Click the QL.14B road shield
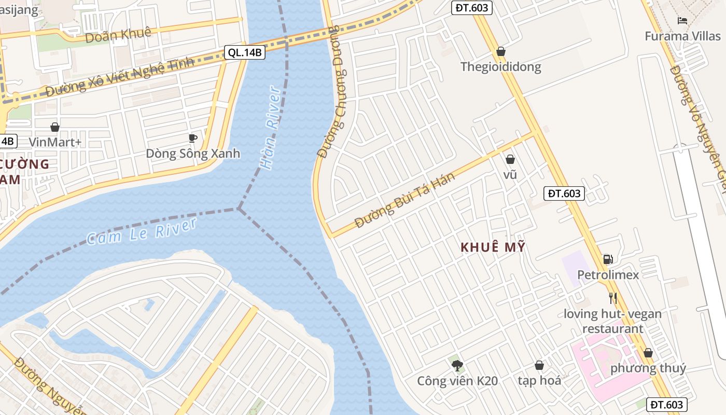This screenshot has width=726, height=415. pos(245,52)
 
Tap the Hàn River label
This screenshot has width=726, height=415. pos(271,128)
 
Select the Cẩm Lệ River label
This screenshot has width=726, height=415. pos(142,231)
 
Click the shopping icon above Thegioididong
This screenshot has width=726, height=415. pos(501,51)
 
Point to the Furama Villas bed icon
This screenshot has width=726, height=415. pos(682,21)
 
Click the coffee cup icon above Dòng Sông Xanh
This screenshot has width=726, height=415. pos(193,138)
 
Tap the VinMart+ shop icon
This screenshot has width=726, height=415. pos(55,127)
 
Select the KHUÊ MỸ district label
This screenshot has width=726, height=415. pos(493,247)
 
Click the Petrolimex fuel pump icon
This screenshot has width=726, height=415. pos(608,259)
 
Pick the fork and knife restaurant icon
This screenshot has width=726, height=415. pos(612,298)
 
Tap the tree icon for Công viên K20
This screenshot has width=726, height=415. pos(457,366)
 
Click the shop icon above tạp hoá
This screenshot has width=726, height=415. pos(539,365)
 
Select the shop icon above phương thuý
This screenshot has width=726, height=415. pos(648,353)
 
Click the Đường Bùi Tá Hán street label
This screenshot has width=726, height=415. pos(405,200)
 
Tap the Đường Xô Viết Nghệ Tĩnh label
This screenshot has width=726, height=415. pos(119,77)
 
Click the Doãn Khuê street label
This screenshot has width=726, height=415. pos(118,35)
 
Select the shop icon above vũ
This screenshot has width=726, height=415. pos(510,159)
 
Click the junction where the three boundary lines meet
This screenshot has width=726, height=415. pos(239,209)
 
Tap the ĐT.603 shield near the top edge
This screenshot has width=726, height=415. pos(471,7)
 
